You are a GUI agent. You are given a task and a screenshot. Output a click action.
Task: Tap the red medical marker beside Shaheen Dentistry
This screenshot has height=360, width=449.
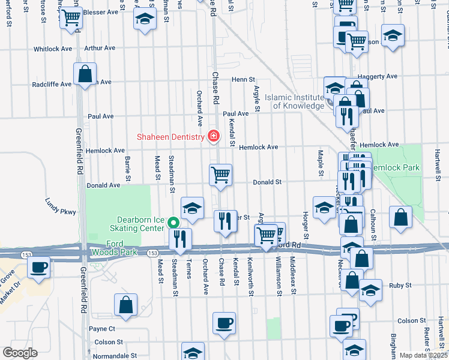[212, 137]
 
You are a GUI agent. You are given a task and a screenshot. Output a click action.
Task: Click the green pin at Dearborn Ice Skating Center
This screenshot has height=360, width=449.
[174, 222]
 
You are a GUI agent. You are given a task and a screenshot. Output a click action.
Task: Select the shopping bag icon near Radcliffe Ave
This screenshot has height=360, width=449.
[85, 74]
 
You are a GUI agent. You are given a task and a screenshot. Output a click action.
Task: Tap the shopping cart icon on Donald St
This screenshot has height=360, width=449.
[220, 175]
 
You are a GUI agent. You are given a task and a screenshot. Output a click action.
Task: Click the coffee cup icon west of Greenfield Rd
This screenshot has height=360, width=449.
[39, 267]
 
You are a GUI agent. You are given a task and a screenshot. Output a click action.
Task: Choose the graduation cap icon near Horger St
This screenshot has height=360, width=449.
[324, 208]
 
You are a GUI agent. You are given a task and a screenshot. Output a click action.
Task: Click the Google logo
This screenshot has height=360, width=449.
[20, 352]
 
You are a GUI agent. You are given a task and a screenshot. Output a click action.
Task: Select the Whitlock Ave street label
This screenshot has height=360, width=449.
[53, 49]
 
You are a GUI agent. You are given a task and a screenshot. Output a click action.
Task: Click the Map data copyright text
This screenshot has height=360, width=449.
[423, 355]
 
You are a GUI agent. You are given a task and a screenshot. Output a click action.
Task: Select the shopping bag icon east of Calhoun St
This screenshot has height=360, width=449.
[400, 218]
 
